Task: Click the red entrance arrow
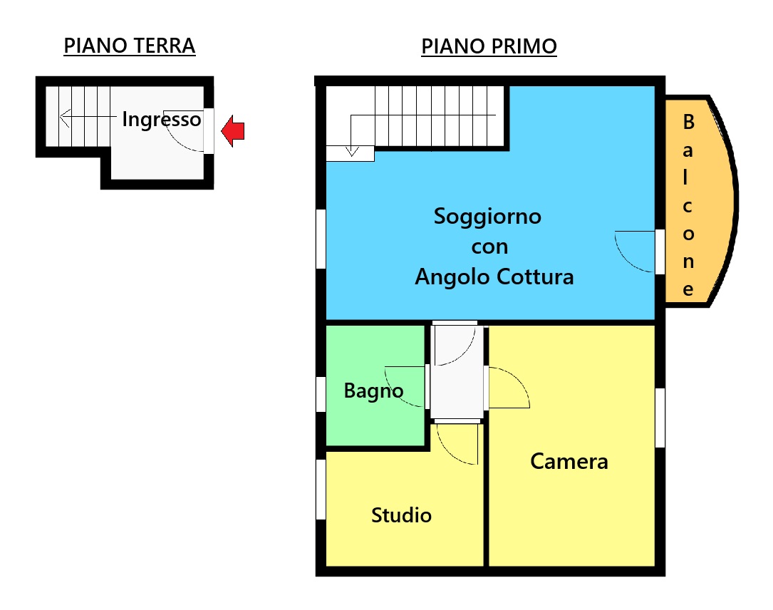click(x=233, y=131)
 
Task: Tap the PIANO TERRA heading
click(x=130, y=46)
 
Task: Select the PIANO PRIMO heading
click(x=489, y=46)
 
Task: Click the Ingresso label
click(x=162, y=120)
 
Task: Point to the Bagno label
click(x=374, y=391)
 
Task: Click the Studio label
click(x=401, y=515)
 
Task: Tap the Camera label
click(x=569, y=462)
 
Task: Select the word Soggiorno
click(x=487, y=217)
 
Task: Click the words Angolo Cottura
click(x=494, y=277)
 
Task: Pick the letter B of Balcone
click(x=689, y=122)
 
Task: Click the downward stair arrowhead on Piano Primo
click(x=351, y=151)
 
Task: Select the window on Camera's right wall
click(x=660, y=418)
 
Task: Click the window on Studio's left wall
click(x=321, y=489)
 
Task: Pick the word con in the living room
click(x=489, y=247)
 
